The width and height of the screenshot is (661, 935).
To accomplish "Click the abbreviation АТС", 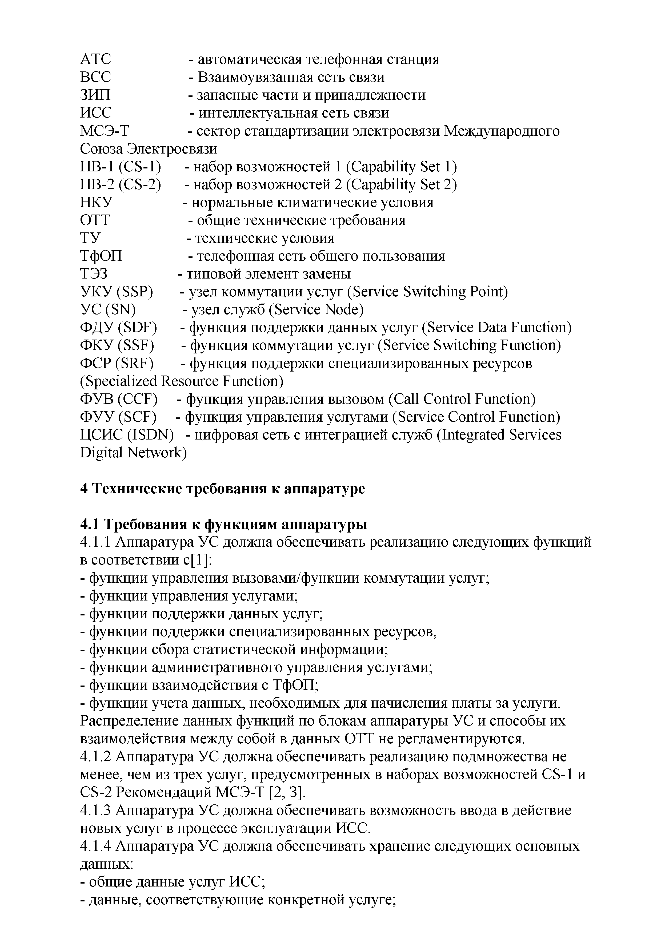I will pos(95,59).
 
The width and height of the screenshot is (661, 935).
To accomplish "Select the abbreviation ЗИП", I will pos(95,95).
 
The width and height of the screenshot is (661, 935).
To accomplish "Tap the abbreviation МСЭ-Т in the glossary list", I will pos(104,131).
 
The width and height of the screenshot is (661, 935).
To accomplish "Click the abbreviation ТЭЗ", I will pos(94,274).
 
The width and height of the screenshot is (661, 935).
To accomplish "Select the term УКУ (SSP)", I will pos(117,292).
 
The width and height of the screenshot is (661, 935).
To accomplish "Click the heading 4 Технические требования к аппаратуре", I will pos(222,489).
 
